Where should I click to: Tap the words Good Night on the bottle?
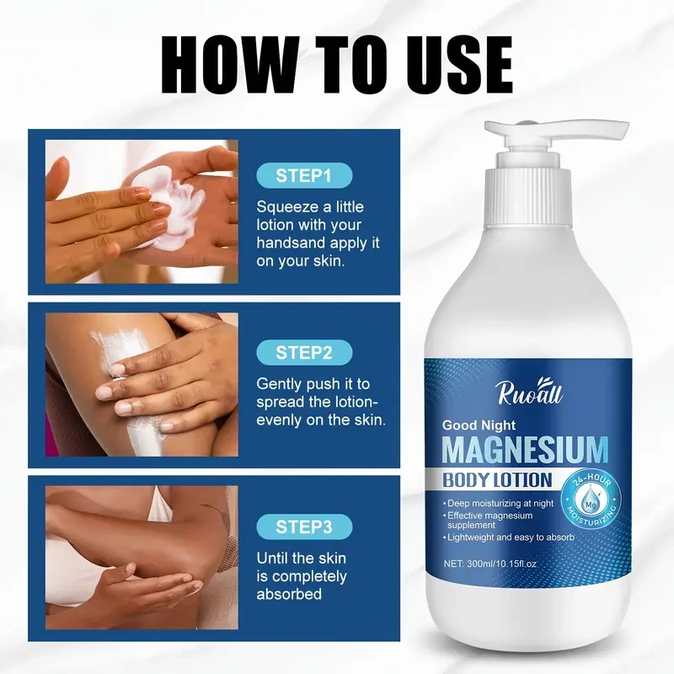[478, 425]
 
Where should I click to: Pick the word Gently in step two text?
[281, 382]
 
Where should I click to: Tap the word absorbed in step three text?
[289, 594]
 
